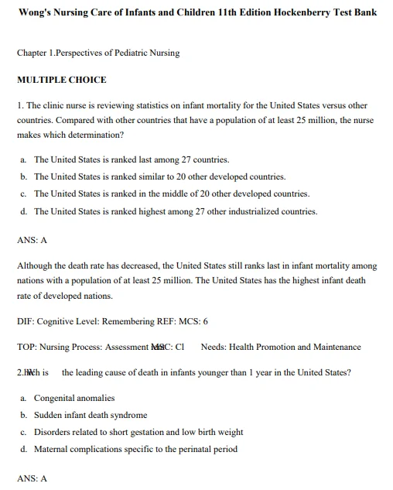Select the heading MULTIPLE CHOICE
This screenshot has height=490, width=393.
tap(62, 80)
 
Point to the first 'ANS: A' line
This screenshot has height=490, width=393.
tap(32, 241)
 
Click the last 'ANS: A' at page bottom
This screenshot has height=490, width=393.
tap(32, 478)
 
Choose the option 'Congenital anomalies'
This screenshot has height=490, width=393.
tap(74, 398)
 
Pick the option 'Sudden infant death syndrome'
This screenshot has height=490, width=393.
tap(91, 415)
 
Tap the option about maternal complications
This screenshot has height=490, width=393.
tap(135, 449)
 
